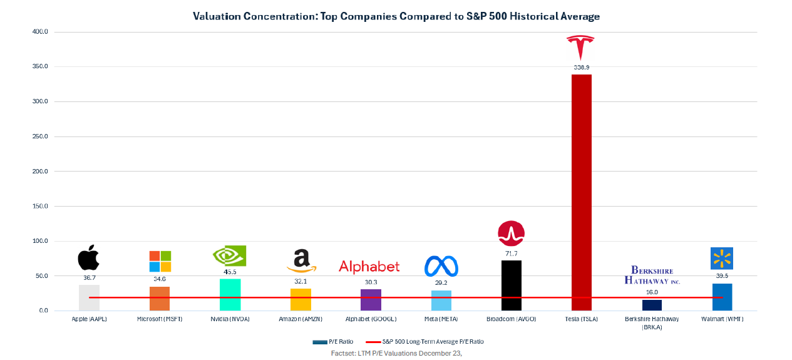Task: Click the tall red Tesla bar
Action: point(581,188)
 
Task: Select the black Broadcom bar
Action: point(511,285)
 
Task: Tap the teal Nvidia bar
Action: point(230,294)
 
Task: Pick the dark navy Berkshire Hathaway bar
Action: point(652,305)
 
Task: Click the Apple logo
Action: point(88,257)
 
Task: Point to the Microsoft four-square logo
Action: point(160,261)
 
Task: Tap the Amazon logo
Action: point(301,260)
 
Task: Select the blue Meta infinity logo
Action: point(441,266)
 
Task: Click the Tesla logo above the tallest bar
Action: point(580,48)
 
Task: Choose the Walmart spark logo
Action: point(721,258)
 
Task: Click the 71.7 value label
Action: point(511,254)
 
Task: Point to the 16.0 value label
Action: point(652,292)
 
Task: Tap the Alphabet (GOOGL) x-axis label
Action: point(371,319)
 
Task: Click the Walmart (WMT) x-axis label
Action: point(722,319)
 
